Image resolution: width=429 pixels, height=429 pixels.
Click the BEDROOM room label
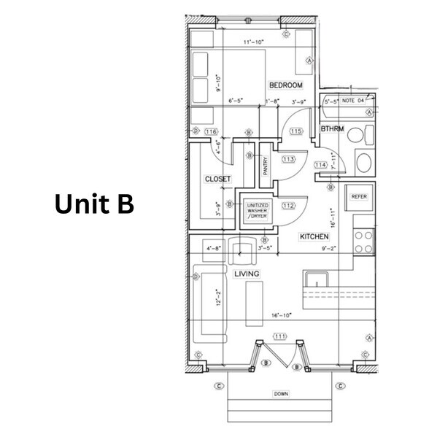click(x=286, y=85)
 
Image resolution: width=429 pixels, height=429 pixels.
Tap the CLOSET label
click(x=217, y=179)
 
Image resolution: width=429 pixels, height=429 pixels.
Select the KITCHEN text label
click(x=314, y=237)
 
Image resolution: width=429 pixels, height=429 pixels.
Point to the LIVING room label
click(x=246, y=274)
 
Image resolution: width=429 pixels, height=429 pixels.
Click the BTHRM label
click(x=332, y=129)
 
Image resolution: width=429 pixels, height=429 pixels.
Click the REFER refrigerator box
click(x=358, y=197)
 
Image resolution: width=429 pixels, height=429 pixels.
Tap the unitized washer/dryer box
click(x=257, y=212)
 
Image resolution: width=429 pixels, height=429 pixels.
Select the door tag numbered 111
click(x=280, y=336)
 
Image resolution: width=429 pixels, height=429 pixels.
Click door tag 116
click(x=212, y=131)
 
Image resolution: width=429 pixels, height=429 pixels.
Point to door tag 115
click(x=295, y=131)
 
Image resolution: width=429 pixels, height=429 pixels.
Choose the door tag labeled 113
click(x=287, y=159)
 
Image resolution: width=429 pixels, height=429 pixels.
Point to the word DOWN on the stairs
click(x=281, y=393)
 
